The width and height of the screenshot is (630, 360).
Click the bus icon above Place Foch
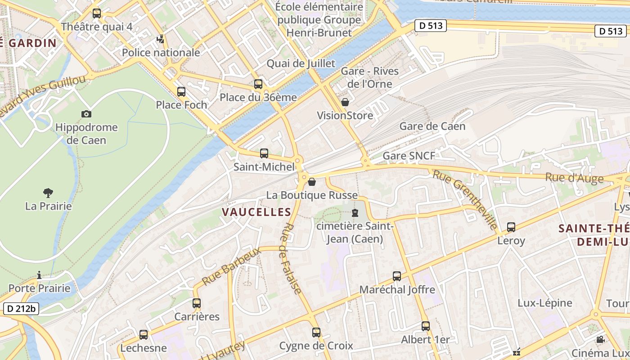(181, 92)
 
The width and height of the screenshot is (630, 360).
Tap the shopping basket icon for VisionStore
(345, 103)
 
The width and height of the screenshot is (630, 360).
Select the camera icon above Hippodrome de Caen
(86, 114)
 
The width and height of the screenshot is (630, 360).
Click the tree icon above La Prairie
(48, 193)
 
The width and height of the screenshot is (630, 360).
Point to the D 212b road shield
(21, 309)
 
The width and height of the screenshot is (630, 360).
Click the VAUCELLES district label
(256, 212)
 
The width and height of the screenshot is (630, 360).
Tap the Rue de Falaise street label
(290, 259)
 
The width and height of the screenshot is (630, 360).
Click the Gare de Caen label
(432, 126)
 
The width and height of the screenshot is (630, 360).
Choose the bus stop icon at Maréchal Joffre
(397, 276)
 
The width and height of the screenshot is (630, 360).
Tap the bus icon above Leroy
(511, 227)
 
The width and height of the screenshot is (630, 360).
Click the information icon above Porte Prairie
(40, 275)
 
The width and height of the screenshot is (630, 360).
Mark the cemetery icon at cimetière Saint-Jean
(355, 212)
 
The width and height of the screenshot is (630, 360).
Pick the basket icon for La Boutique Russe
(312, 182)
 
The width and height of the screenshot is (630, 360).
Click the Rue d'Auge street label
(574, 178)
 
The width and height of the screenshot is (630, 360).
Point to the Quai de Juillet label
(301, 63)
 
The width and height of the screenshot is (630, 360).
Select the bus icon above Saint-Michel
(264, 153)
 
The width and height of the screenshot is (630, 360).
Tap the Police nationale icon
(161, 40)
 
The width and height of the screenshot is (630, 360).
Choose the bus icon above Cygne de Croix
(316, 333)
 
